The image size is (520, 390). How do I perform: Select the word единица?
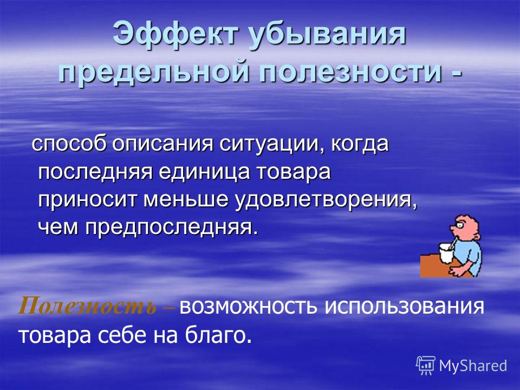click(205, 172)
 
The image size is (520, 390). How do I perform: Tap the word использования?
click(404, 307)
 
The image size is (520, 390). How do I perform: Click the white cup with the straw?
click(445, 253)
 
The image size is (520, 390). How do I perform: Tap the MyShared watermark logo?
click(461, 366)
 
